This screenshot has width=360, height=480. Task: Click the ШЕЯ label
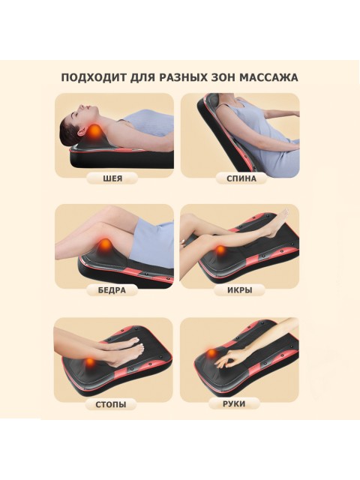click(x=113, y=178)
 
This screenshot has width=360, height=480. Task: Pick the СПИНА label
click(x=241, y=178)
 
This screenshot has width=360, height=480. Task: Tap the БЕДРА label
click(x=112, y=290)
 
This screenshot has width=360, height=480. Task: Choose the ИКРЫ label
click(x=240, y=290)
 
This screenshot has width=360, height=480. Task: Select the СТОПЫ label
click(x=111, y=404)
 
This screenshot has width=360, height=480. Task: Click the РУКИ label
click(x=234, y=403)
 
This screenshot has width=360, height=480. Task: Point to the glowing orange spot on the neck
click(x=94, y=132)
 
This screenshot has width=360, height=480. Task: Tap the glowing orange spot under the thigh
click(x=105, y=244)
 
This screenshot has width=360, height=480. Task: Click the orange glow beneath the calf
click(x=220, y=251)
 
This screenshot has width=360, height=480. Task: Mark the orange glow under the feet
click(x=90, y=362)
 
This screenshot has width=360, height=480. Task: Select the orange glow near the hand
click(x=211, y=353)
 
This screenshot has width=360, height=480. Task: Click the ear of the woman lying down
click(x=82, y=132)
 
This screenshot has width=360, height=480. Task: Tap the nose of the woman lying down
click(x=82, y=106)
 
